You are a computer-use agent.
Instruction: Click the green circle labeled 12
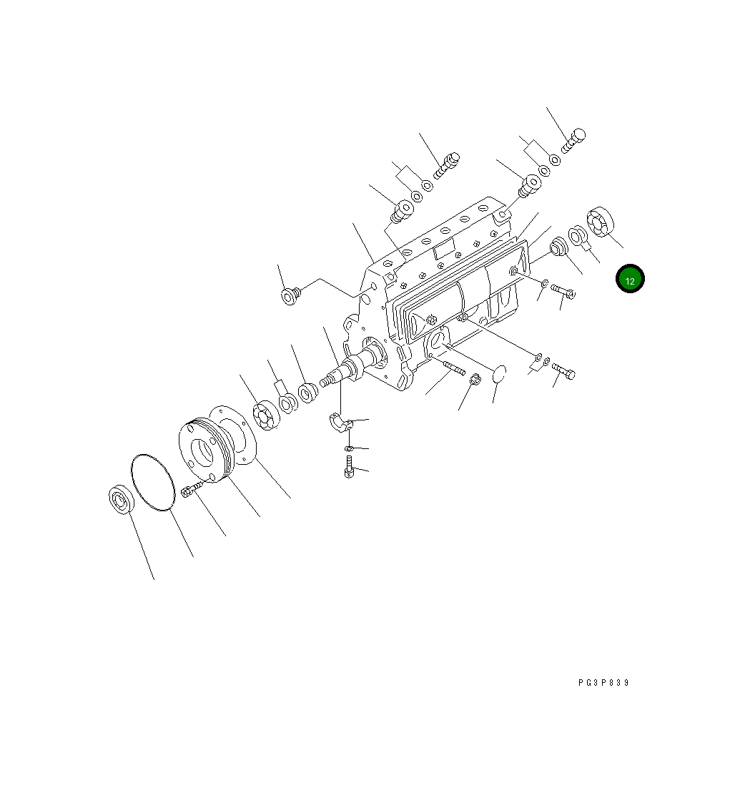pos(630,280)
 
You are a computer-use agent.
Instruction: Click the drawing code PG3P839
pos(603,683)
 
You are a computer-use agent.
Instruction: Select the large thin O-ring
pos(153,482)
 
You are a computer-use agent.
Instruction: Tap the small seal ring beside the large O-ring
pos(122,498)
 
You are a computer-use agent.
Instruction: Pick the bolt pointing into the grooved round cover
pos(192,491)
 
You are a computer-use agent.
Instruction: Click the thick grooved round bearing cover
pos(204,449)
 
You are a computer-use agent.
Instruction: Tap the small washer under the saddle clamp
pos(348,448)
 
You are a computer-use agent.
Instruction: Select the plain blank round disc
pos(499,373)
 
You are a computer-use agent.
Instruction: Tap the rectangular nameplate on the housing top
pos(444,250)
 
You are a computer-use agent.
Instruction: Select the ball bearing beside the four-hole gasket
pos(266,416)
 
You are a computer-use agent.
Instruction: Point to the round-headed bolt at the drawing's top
pos(574,139)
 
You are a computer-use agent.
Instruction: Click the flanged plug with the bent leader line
pos(291,295)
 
